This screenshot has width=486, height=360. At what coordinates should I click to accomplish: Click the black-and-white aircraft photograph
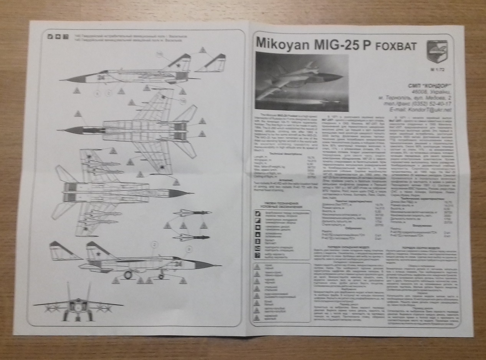[302, 82]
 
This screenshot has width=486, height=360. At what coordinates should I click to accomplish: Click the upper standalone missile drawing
[192, 212]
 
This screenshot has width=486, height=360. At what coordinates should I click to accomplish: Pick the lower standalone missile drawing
[190, 237]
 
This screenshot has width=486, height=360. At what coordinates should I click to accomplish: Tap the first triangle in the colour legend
[258, 266]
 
